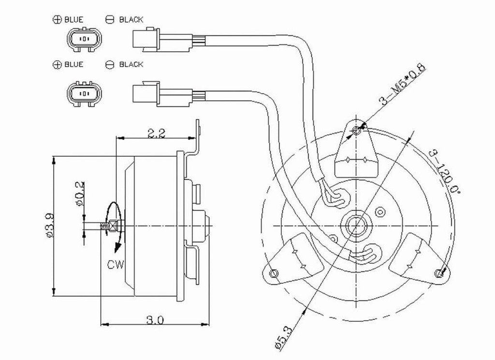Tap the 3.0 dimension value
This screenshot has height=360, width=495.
(x=156, y=319)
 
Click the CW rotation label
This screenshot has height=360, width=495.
(x=116, y=265)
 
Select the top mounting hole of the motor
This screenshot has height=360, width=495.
(x=357, y=130)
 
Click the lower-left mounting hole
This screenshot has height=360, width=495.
(x=274, y=274)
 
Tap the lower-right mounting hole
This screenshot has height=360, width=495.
(x=439, y=274)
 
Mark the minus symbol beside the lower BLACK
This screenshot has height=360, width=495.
(x=109, y=64)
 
